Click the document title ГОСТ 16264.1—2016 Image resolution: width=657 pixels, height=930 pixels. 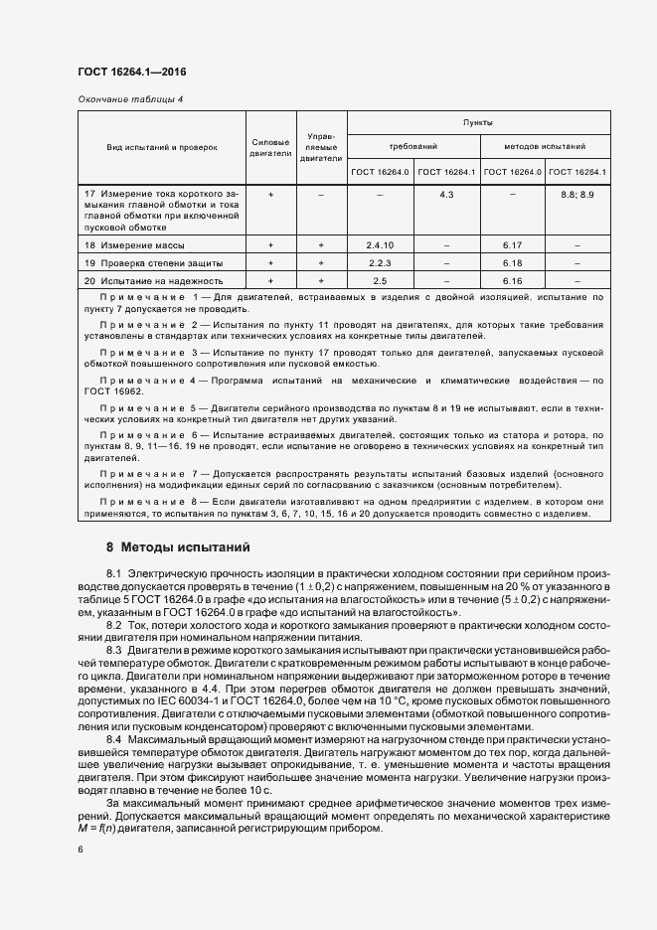[131, 73]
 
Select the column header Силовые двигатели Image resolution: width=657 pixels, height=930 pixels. [270, 147]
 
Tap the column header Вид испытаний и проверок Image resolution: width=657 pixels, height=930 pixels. [161, 147]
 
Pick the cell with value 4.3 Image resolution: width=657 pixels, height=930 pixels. [445, 195]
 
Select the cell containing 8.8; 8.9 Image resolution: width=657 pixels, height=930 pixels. [576, 195]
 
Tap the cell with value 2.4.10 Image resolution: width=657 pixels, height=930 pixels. [379, 244]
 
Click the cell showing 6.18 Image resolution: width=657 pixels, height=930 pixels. [512, 263]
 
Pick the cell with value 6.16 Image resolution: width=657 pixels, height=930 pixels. [512, 282]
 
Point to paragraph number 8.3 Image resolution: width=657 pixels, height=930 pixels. [114, 648]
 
